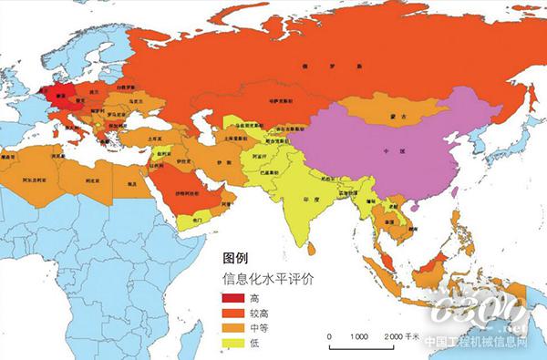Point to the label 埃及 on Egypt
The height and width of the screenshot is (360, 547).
pos(133,183)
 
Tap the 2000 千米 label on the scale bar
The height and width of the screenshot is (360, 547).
pos(400,336)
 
